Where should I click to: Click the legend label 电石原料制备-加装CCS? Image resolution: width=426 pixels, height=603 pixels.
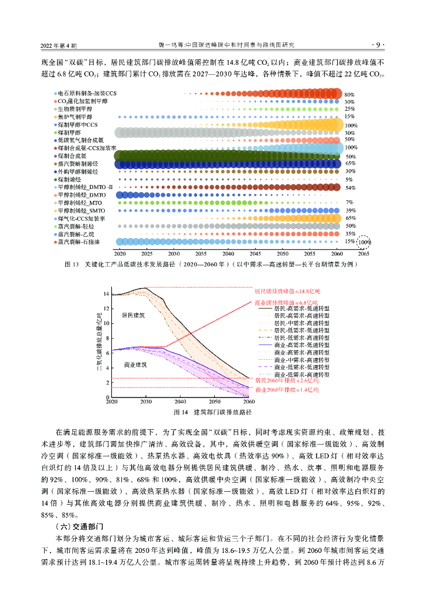pos(87,94)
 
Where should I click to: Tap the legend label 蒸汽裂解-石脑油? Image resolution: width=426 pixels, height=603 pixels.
pos(79,241)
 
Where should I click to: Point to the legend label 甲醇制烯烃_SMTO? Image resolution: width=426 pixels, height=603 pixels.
pos(81,210)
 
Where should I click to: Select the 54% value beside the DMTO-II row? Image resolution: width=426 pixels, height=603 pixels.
pos(351,187)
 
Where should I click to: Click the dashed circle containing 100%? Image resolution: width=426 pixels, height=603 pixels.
pos(365,241)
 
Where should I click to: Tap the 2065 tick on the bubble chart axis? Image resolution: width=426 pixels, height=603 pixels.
pos(364,253)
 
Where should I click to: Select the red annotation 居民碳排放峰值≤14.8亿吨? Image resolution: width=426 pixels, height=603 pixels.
pos(288,291)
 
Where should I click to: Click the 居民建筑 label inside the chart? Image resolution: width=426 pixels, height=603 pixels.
pos(134,315)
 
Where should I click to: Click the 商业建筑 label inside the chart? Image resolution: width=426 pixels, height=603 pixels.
pos(135,365)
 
